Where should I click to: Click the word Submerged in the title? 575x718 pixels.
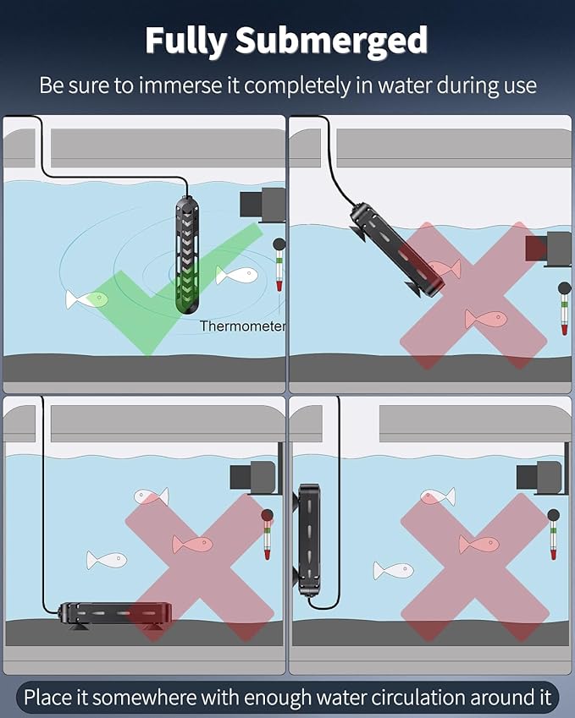pos(331,41)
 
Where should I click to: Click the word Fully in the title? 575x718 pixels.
pos(185,41)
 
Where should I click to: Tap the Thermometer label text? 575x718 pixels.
pos(242,326)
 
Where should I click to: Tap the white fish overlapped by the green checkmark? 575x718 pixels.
pos(86,300)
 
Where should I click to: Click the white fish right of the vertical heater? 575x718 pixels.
pos(236,276)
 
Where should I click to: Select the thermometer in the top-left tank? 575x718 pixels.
pos(279,264)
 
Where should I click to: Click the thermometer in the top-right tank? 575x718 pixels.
pos(565,309)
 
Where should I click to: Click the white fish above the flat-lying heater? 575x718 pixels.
pos(107,560)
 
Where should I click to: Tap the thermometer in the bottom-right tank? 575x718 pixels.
pos(554,534)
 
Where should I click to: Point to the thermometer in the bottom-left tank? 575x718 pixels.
pos(267,534)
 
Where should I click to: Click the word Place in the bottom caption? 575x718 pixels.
pos(49,698)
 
